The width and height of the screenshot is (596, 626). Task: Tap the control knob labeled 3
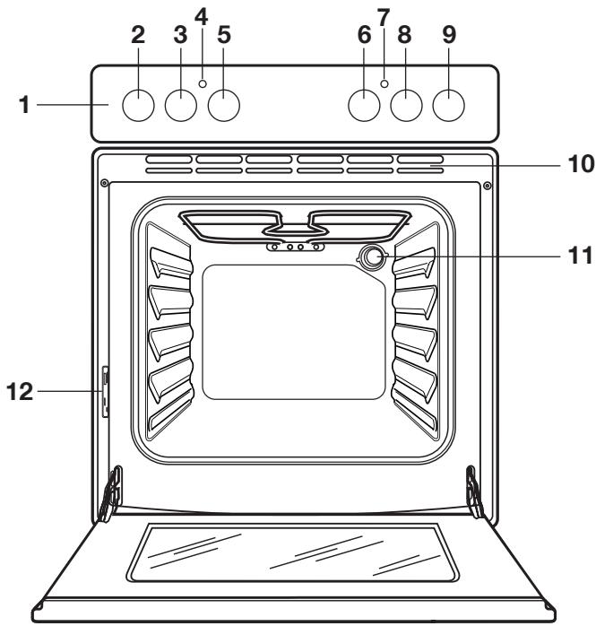tap(180, 106)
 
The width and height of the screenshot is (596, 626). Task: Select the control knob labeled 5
tap(224, 106)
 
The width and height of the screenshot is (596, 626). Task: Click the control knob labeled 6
tap(363, 106)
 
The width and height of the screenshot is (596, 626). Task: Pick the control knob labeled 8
tap(407, 106)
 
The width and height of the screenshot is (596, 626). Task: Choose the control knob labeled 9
tap(449, 106)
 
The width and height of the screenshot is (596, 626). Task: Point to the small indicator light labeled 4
tap(203, 83)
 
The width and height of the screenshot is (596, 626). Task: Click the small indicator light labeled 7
tap(384, 83)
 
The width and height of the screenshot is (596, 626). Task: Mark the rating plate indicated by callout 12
tap(106, 392)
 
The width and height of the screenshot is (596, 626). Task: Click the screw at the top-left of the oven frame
tap(105, 184)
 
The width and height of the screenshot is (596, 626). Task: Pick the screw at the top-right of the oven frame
tap(486, 186)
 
